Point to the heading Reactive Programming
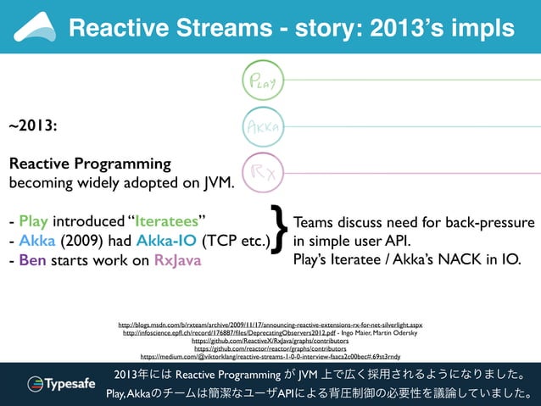[x=90, y=164]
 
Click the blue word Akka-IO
[x=165, y=241]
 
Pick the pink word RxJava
[x=178, y=259]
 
